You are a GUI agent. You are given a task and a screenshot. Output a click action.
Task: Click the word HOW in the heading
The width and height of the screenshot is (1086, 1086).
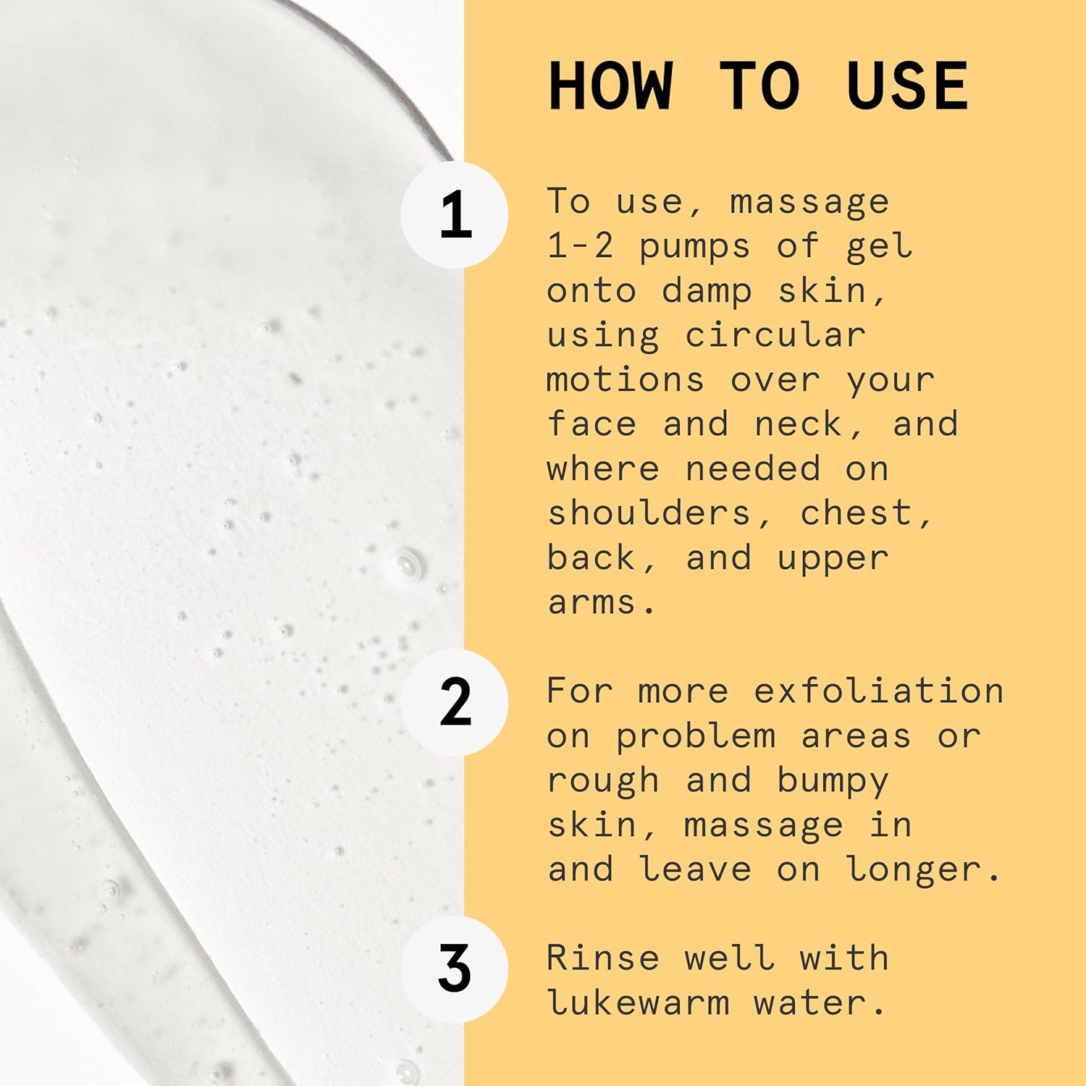pos(611,86)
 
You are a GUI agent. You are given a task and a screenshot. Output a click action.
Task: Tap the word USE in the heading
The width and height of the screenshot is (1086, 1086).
pos(907,86)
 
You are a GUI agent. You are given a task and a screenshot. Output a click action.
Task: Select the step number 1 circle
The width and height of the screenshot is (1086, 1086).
pos(455,215)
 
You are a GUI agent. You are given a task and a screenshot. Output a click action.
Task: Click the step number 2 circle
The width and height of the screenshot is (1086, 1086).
pos(455,702)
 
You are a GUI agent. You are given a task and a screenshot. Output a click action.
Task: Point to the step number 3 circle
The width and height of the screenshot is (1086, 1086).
pos(455,969)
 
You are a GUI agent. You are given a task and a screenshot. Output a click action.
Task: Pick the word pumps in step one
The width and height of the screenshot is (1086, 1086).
pos(694,248)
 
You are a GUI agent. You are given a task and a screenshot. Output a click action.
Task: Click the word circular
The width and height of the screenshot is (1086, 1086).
pos(775,335)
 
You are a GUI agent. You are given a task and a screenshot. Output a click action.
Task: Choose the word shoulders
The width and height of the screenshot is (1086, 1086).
pos(649,513)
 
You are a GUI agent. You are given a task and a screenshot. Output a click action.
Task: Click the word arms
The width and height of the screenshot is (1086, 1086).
pos(592,602)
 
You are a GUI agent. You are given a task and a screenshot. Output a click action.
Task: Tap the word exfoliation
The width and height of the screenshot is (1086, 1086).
pos(879,691)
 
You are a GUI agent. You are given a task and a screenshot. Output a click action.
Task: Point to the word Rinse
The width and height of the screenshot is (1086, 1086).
pos(603,958)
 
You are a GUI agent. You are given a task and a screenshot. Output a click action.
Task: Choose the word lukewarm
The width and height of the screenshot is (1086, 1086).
pos(638,1003)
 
